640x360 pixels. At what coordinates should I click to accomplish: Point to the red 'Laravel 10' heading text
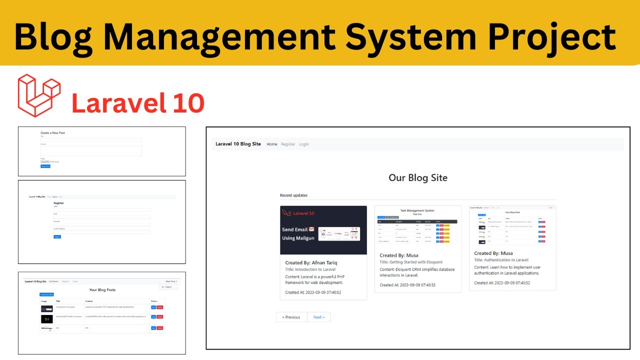click(138, 103)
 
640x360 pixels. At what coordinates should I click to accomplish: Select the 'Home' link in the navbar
click(271, 144)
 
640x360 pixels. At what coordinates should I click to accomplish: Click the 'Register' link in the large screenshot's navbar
click(288, 144)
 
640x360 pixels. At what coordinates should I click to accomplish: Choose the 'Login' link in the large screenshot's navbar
click(303, 144)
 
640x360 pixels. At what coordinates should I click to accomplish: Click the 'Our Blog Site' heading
click(418, 177)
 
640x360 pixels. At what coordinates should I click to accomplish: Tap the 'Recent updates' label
click(293, 195)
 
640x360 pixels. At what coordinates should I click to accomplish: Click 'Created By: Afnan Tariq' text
click(311, 262)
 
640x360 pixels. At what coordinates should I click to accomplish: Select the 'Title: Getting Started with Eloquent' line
click(411, 262)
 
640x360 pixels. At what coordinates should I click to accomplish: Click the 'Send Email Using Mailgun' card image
click(323, 230)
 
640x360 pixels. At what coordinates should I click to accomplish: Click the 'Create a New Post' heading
click(52, 133)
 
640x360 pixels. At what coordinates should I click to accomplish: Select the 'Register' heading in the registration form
click(58, 203)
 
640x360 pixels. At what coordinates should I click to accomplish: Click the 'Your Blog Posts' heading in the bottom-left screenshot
click(102, 290)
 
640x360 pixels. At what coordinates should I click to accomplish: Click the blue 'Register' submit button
click(57, 236)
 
